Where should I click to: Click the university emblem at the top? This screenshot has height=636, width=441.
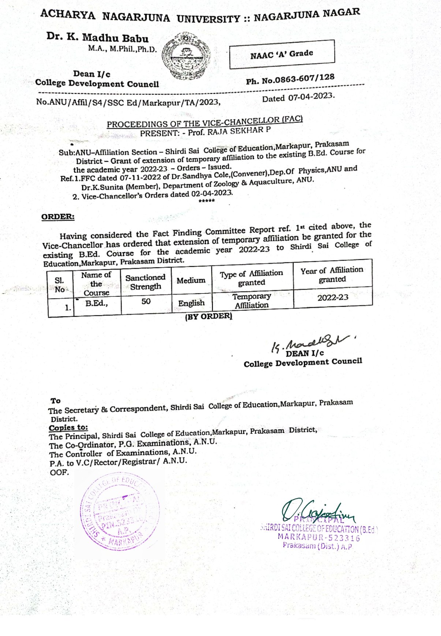pyautogui.click(x=186, y=56)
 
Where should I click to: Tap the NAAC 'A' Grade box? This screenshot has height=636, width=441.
pyautogui.click(x=282, y=54)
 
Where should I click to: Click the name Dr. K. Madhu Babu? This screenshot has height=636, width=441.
pyautogui.click(x=97, y=38)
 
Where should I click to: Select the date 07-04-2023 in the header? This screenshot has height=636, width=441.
pyautogui.click(x=311, y=97)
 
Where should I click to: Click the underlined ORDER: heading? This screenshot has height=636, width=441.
pyautogui.click(x=58, y=217)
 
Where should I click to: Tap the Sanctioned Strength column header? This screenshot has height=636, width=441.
pyautogui.click(x=145, y=282)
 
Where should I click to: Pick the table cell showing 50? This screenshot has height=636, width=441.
pyautogui.click(x=146, y=301)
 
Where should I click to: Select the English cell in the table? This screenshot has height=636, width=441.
pyautogui.click(x=191, y=303)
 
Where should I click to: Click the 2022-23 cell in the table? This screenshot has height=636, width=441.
pyautogui.click(x=333, y=297)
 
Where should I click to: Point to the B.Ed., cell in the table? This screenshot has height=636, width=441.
pyautogui.click(x=97, y=303)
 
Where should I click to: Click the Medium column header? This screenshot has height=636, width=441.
pyautogui.click(x=191, y=280)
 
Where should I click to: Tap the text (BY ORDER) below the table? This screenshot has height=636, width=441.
pyautogui.click(x=209, y=316)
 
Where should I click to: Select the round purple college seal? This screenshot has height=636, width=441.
pyautogui.click(x=120, y=512)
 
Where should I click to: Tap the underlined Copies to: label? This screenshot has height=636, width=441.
pyautogui.click(x=68, y=427)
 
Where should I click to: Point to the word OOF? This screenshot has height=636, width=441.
pyautogui.click(x=59, y=472)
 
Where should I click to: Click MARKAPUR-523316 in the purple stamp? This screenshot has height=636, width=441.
pyautogui.click(x=319, y=537)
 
